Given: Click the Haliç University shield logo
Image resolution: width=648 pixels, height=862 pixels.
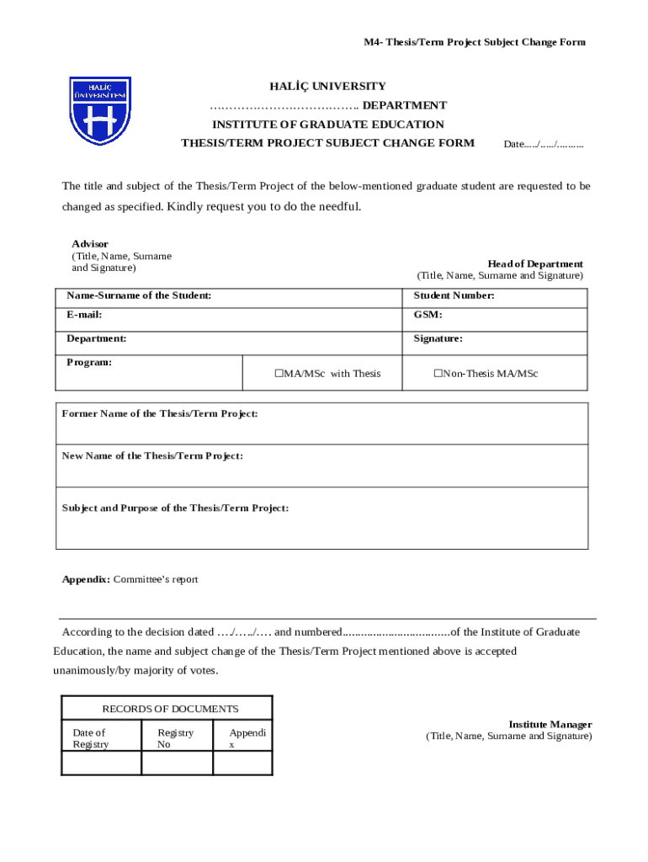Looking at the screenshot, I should click(x=100, y=110).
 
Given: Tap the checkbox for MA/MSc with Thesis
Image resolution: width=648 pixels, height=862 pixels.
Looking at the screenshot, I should click(x=279, y=374).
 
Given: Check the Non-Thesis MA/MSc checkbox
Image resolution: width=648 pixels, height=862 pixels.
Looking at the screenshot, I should click(x=438, y=374).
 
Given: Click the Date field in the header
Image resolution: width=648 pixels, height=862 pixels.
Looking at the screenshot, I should click(x=543, y=144).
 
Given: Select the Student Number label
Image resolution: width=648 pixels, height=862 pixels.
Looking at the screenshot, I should click(x=454, y=295).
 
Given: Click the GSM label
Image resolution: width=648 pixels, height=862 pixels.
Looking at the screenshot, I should click(x=428, y=315).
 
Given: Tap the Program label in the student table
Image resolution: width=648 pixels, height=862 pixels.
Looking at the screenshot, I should click(x=89, y=362).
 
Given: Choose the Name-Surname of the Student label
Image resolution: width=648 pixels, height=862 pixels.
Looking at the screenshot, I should click(x=139, y=295).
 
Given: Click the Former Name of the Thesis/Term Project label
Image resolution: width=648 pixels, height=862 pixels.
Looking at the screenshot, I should click(x=160, y=413).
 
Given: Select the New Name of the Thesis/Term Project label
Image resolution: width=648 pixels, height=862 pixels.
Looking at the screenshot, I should click(x=152, y=455).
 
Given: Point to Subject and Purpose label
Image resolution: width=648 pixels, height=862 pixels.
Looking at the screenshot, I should click(x=175, y=508).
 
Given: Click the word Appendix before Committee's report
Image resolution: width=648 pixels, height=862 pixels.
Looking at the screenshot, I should click(x=86, y=579).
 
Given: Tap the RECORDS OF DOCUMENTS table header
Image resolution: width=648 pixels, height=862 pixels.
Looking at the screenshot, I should click(x=170, y=709).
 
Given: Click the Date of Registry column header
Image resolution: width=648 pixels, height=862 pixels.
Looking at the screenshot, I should click(x=90, y=738).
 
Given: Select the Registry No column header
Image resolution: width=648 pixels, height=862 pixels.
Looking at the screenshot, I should click(x=175, y=738).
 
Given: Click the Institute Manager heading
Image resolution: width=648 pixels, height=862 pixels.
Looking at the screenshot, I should click(x=550, y=724).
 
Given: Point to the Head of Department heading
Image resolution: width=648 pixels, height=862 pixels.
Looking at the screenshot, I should click(x=535, y=263).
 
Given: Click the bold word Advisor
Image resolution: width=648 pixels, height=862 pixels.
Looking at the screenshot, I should click(x=89, y=243).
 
